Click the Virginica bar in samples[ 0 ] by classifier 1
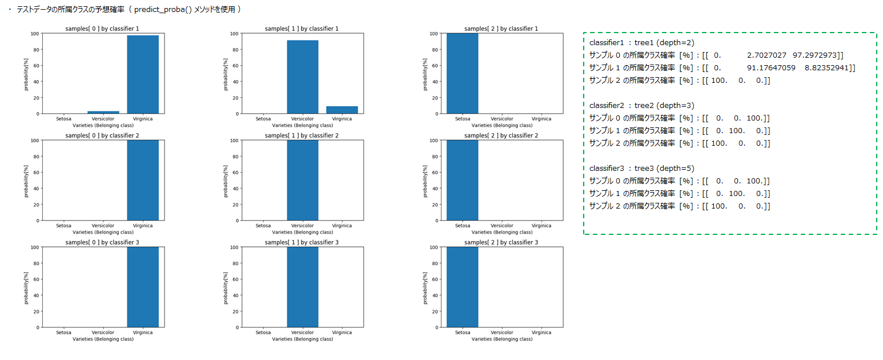coord(143,74)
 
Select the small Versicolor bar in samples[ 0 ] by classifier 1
coord(103,112)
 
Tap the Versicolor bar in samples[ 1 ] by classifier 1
coord(303,77)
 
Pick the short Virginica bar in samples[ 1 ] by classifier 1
coord(342,110)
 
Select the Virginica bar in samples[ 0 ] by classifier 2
coord(143,180)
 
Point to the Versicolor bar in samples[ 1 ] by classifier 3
coord(303,287)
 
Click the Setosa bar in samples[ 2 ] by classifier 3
coord(462,287)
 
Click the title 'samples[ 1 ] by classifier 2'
coord(302,135)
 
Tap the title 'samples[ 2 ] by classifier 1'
coord(501,29)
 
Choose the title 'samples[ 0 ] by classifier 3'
coord(103,242)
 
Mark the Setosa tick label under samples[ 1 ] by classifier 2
coord(263,226)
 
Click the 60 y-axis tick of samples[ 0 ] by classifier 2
coord(37,172)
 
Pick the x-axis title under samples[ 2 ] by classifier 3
coord(501,339)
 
